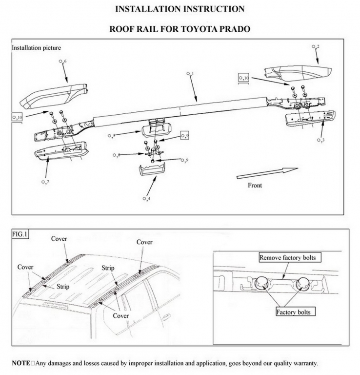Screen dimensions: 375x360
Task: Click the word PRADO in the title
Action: pos(234,29)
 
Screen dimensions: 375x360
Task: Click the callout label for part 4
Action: pos(146,199)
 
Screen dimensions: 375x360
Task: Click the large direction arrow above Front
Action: pos(266,173)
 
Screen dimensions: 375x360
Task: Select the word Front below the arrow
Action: pos(255,186)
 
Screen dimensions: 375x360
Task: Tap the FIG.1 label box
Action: pos(20,234)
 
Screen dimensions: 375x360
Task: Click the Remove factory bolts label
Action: pos(291,257)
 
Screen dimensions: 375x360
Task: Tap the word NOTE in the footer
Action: pos(21,363)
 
